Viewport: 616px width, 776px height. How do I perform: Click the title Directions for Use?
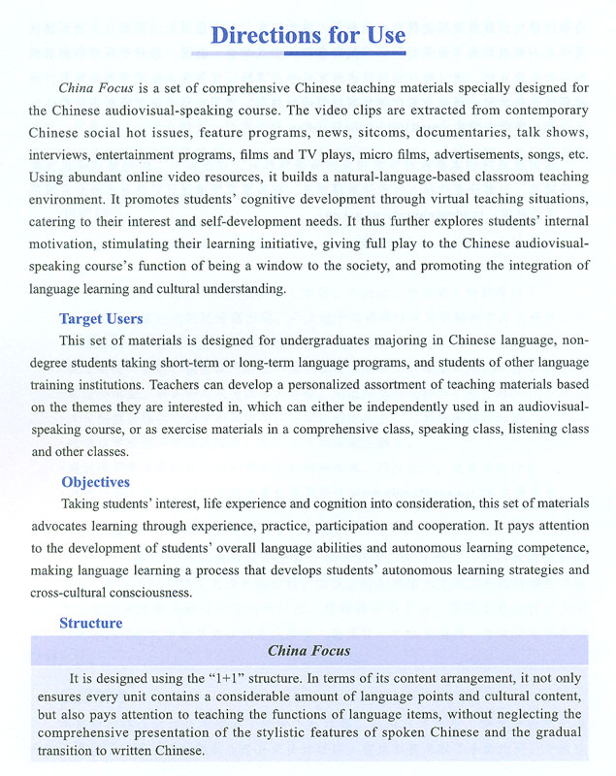[x=308, y=36]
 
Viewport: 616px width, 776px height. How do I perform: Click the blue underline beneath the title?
[x=308, y=55]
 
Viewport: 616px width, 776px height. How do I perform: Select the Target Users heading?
[x=101, y=318]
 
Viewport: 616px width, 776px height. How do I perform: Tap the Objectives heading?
[x=95, y=481]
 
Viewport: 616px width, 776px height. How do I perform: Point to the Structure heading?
[x=91, y=623]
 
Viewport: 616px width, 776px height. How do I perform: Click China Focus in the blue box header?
[x=308, y=651]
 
